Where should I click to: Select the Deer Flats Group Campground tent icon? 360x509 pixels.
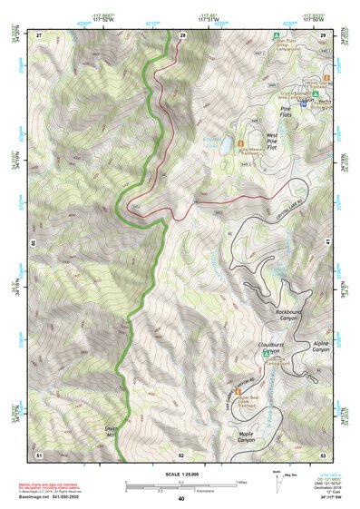coord(275,36)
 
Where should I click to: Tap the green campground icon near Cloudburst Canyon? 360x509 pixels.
coord(266,356)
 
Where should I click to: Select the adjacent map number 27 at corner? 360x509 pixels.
coord(39,34)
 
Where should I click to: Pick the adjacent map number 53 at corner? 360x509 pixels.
coord(322,454)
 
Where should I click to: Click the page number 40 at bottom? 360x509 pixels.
coord(180,499)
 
